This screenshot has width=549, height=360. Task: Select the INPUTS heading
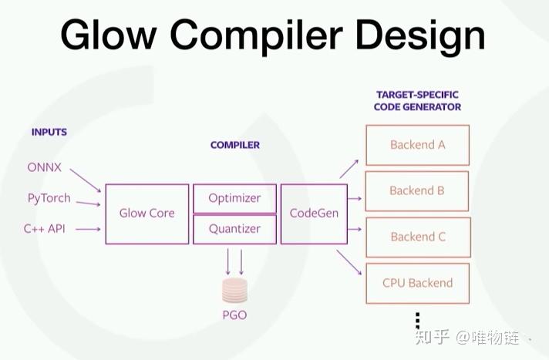pos(49,132)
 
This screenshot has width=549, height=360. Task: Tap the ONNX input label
pos(45,167)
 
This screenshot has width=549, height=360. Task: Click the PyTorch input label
pos(49,198)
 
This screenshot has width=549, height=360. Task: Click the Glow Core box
pos(147,214)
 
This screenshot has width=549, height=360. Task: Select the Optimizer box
pos(234,198)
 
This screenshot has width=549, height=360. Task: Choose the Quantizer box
pos(234,229)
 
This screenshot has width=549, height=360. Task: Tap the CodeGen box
pos(314,214)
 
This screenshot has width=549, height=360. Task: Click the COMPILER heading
pos(235,145)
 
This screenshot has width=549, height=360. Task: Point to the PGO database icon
pos(234,290)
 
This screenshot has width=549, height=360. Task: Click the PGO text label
pos(234,315)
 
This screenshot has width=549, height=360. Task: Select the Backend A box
pos(417,145)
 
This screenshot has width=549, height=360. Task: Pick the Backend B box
pos(417,190)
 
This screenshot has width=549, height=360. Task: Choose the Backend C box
pos(417,237)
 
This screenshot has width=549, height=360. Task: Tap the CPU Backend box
pos(417,283)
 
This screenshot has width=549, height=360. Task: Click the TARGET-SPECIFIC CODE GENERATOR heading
pos(417,100)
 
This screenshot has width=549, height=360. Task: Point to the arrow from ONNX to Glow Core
pos(85,180)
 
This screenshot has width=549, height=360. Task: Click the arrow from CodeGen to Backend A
pos(349,169)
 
